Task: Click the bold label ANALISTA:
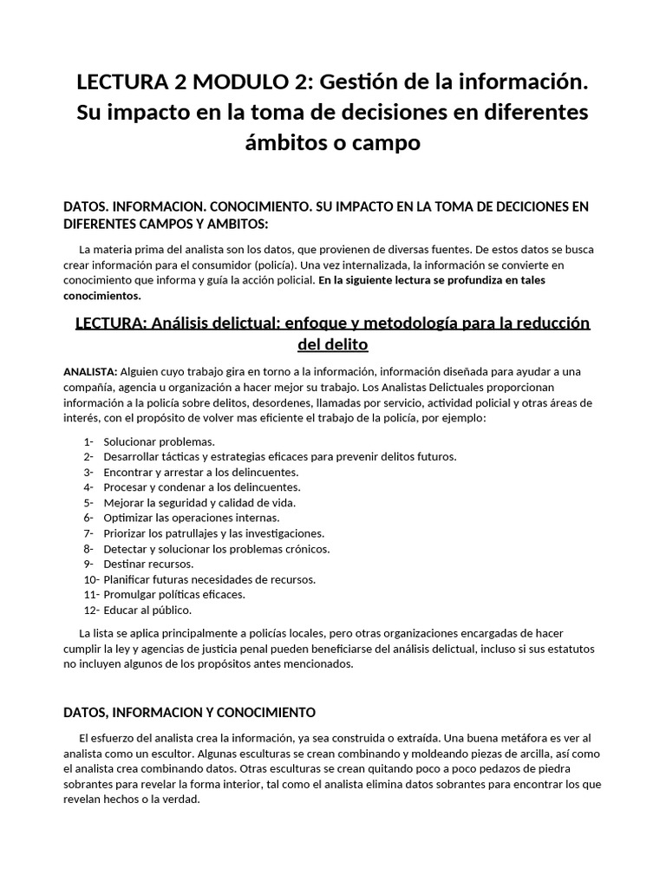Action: (90, 372)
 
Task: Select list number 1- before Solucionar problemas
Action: (88, 441)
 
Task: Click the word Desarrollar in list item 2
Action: (132, 457)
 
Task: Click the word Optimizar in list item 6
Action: (130, 518)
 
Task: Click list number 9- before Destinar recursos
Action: (88, 564)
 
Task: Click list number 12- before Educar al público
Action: (90, 610)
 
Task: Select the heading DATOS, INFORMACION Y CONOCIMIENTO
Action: (190, 712)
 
